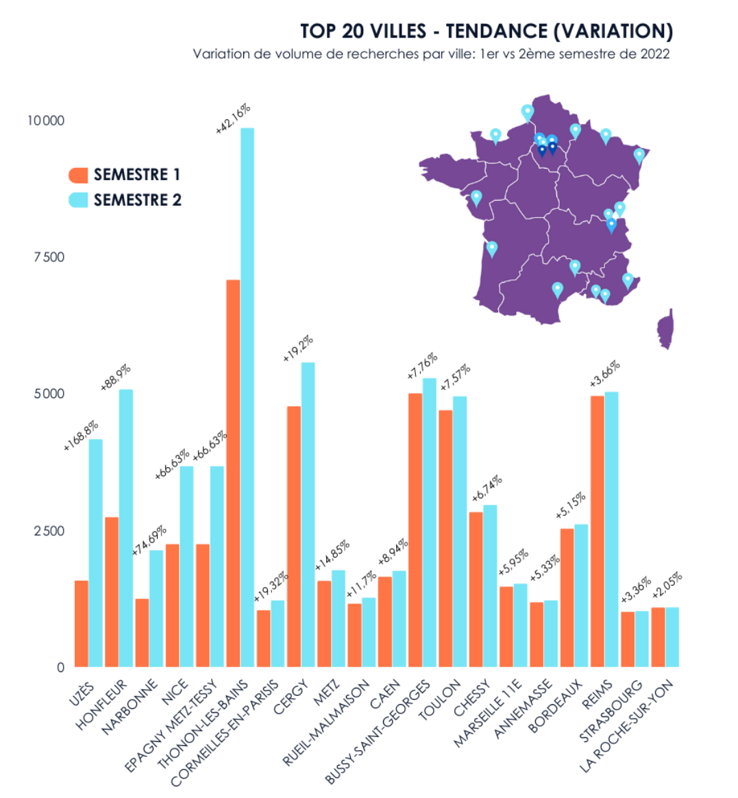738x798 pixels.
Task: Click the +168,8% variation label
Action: [81, 435]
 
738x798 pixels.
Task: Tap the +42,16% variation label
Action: [233, 119]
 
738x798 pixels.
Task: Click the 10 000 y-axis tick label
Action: [46, 121]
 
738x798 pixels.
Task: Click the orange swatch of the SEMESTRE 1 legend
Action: [79, 175]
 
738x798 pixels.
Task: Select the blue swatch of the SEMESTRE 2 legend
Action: [79, 200]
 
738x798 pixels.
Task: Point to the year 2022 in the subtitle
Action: [655, 54]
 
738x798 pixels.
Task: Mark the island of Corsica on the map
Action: [665, 329]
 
